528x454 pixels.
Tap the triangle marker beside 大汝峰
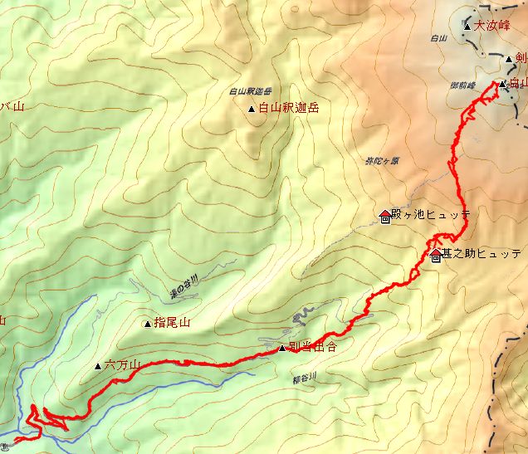tap(467, 27)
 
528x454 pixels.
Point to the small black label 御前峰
tap(463, 85)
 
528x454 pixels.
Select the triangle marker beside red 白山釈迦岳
tap(252, 109)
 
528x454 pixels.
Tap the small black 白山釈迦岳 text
tap(250, 91)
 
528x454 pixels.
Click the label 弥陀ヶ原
tap(382, 161)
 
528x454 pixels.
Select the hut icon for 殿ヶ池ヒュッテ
tap(384, 217)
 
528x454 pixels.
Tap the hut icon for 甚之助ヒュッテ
tap(436, 256)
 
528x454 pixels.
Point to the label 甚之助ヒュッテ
tap(482, 253)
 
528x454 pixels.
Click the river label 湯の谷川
tap(183, 287)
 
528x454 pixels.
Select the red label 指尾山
tap(173, 324)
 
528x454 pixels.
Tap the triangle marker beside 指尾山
tap(148, 324)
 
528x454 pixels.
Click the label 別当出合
tap(313, 347)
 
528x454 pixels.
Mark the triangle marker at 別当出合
tap(282, 349)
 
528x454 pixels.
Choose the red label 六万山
tap(122, 364)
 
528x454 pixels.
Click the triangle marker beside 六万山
tap(98, 364)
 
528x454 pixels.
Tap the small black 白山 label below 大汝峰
tap(439, 38)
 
